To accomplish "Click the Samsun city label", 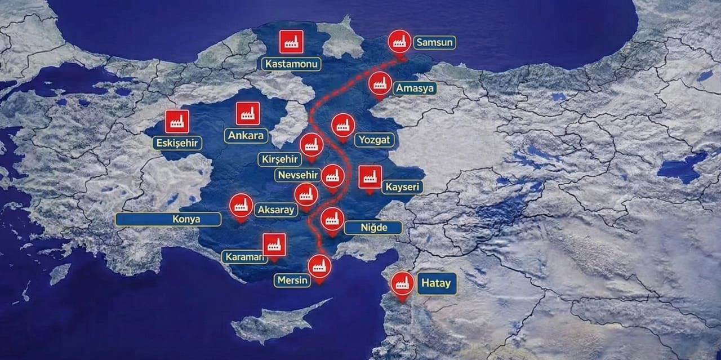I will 434,42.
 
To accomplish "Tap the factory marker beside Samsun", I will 400,41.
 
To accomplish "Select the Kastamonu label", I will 291,64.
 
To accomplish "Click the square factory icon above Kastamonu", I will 291,42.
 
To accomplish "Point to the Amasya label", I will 416,88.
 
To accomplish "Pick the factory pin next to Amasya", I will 380,84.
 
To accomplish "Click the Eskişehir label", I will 177,143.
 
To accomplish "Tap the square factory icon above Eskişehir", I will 177,121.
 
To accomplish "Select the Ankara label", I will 247,136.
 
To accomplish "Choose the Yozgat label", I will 375,140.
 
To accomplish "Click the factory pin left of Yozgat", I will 342,126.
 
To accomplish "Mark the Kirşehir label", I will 279,159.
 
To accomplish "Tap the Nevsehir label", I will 298,175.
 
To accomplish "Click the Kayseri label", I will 402,187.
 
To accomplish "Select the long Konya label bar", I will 168,219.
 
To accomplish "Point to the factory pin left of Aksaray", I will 241,206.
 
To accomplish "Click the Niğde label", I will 373,228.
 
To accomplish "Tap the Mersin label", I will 292,280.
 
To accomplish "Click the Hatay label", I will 437,283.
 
